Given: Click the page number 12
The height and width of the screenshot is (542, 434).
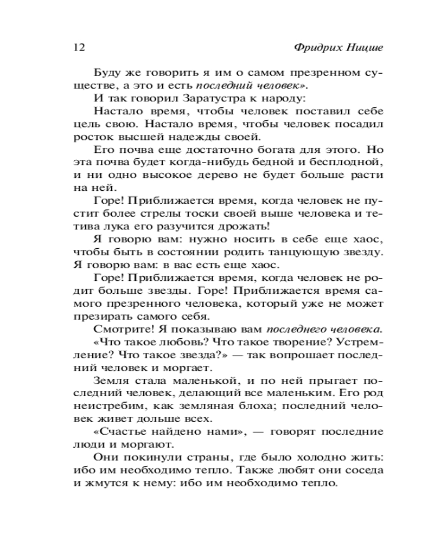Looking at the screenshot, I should pos(79,47).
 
